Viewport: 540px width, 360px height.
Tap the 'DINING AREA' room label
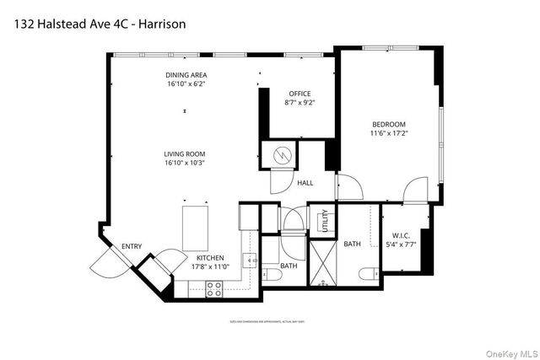click(186, 76)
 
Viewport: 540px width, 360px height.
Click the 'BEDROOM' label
click(389, 122)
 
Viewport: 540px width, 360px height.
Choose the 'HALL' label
click(305, 182)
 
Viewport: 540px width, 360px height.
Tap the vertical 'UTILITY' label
click(322, 223)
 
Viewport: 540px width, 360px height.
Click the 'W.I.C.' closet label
click(401, 236)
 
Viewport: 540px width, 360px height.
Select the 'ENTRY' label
click(132, 246)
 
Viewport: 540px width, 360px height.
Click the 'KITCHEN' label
click(210, 258)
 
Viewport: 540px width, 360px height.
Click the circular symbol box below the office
click(283, 155)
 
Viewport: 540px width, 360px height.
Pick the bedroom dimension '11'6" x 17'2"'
click(389, 132)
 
